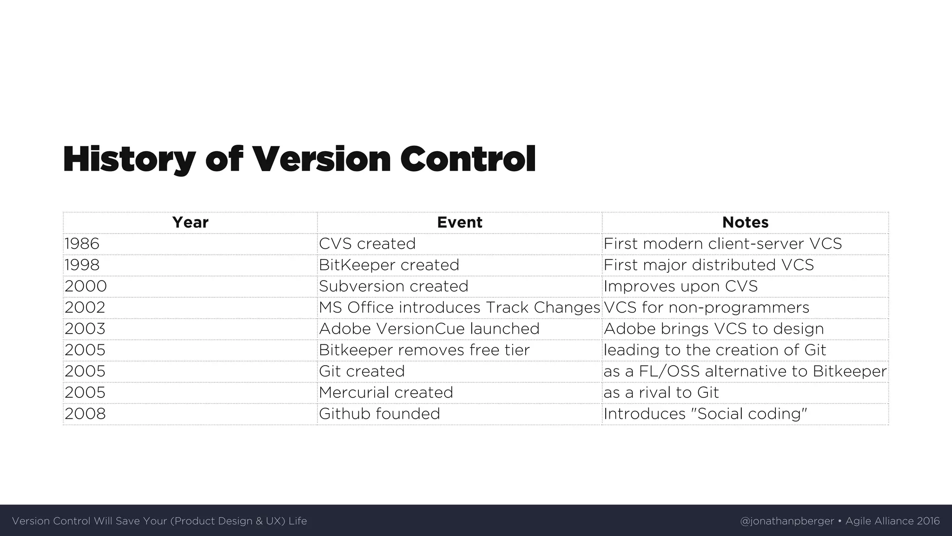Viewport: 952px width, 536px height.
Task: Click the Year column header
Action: [190, 222]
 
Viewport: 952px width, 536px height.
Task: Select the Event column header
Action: [459, 222]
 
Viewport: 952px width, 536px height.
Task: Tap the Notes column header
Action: [745, 222]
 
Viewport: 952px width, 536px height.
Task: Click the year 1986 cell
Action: [82, 244]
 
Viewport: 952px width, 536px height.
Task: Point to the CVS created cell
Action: [367, 244]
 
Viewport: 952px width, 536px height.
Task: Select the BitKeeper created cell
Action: [389, 265]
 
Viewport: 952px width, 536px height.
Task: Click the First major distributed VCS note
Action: [708, 265]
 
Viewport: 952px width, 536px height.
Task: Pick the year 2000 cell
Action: [86, 286]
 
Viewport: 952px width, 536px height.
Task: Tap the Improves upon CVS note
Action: [681, 286]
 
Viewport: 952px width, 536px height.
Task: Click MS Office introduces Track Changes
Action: [459, 308]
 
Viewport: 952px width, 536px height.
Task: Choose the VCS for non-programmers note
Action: [706, 308]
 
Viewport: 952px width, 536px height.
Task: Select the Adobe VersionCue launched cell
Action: [429, 329]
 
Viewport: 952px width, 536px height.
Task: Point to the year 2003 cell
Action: [85, 329]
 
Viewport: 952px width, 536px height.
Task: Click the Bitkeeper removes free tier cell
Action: [424, 350]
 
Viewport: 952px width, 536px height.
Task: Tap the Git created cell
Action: [362, 371]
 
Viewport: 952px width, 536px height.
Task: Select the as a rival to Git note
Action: [661, 393]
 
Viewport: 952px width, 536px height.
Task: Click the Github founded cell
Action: [379, 414]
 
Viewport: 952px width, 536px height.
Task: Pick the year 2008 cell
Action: [85, 414]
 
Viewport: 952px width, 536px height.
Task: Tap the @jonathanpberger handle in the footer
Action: [787, 521]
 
